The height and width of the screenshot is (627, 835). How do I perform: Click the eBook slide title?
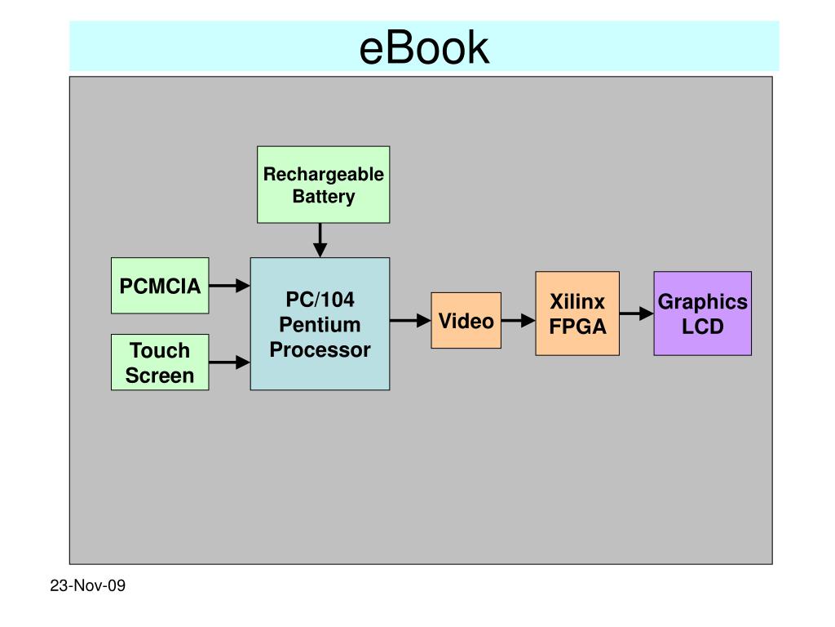pyautogui.click(x=424, y=48)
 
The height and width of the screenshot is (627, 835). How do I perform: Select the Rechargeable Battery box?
pyautogui.click(x=323, y=185)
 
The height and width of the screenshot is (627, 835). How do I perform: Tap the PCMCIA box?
pyautogui.click(x=160, y=285)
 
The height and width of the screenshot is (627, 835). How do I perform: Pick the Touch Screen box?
pyautogui.click(x=160, y=362)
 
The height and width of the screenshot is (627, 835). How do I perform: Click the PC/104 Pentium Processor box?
pyautogui.click(x=320, y=324)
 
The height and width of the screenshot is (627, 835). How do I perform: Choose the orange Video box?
pyautogui.click(x=466, y=320)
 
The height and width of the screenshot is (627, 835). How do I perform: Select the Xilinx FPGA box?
pyautogui.click(x=577, y=313)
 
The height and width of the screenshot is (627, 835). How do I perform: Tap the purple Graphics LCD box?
pyautogui.click(x=702, y=313)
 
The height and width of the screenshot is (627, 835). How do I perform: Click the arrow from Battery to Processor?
pyautogui.click(x=320, y=240)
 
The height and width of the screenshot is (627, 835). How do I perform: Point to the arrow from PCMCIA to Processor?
pyautogui.click(x=229, y=286)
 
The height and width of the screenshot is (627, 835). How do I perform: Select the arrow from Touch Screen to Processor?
pyautogui.click(x=229, y=362)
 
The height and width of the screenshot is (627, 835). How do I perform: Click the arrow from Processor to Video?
pyautogui.click(x=411, y=320)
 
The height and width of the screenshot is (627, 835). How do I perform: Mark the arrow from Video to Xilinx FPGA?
pyautogui.click(x=518, y=320)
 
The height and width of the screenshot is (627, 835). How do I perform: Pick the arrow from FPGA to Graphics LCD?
pyautogui.click(x=636, y=313)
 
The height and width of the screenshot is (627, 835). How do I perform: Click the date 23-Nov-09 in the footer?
pyautogui.click(x=88, y=585)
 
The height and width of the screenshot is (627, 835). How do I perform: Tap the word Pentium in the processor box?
pyautogui.click(x=320, y=325)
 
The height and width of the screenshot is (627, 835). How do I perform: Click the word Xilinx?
pyautogui.click(x=577, y=302)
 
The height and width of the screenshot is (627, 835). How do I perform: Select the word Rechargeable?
pyautogui.click(x=323, y=175)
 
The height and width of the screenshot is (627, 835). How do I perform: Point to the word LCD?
pyautogui.click(x=703, y=327)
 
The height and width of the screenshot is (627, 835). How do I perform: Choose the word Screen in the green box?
pyautogui.click(x=160, y=376)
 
